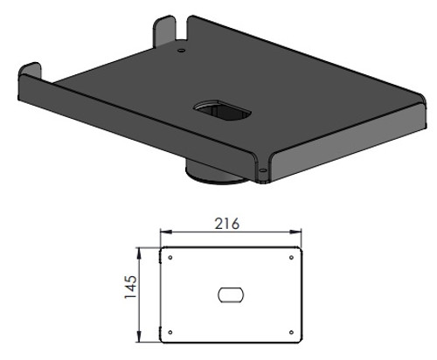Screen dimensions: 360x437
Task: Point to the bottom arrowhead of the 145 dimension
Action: click(x=143, y=337)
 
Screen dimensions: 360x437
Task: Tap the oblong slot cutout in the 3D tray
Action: click(x=223, y=112)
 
